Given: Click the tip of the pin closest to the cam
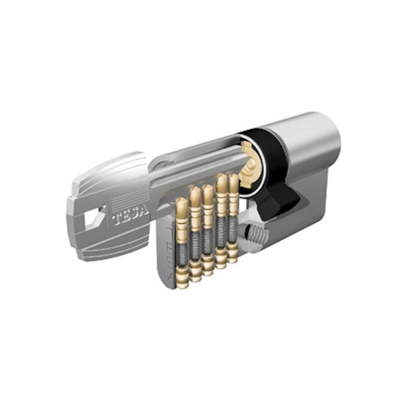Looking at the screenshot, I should [233, 177].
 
